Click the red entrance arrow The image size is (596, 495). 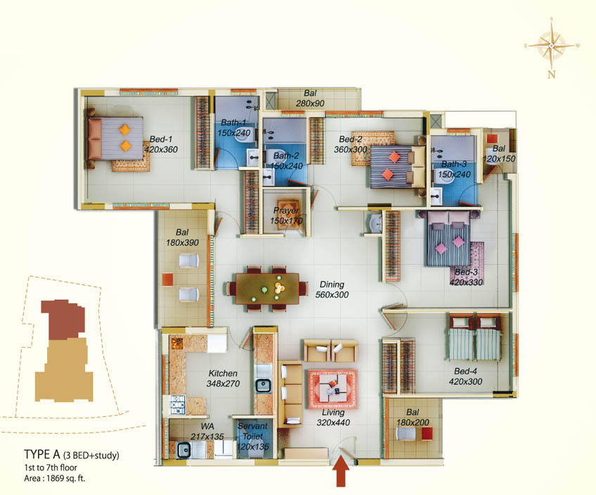[341, 471]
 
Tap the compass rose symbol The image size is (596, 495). [552, 46]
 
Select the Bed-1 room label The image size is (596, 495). [161, 144]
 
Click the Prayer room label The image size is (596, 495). [286, 216]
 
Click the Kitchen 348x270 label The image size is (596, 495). [223, 378]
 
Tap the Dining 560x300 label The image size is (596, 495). [332, 289]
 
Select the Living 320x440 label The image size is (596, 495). [333, 418]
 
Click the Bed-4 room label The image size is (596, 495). [465, 376]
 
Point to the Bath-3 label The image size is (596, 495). [454, 169]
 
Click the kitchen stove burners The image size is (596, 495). [177, 405]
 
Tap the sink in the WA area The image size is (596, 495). [184, 450]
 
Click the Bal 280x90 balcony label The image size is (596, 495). [310, 98]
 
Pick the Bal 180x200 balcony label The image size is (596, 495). [413, 417]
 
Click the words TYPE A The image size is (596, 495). [41, 454]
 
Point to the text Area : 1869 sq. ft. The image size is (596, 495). [55, 478]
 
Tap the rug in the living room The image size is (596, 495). [333, 390]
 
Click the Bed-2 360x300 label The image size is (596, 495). [351, 144]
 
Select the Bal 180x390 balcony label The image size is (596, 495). [182, 237]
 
